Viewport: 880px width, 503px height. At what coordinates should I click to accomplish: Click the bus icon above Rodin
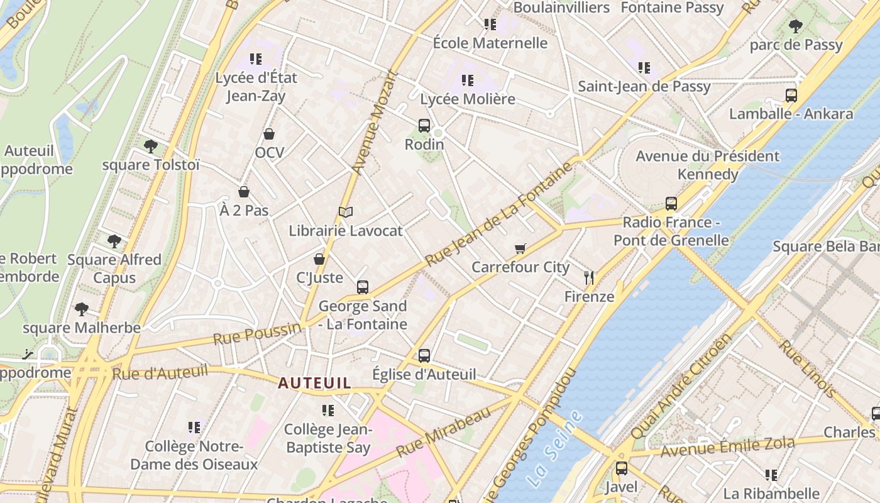424,126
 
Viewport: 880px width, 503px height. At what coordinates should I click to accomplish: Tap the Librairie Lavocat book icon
346,213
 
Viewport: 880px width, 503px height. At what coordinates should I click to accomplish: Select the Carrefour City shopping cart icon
520,249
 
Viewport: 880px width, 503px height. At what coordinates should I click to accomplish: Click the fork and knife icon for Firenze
589,277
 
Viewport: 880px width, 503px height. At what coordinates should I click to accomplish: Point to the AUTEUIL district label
315,383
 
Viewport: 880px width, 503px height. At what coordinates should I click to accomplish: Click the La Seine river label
554,448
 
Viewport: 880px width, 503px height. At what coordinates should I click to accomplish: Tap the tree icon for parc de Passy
795,26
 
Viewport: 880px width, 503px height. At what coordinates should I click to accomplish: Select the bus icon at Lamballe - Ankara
791,96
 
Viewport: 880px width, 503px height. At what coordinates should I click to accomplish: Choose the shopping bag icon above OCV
269,134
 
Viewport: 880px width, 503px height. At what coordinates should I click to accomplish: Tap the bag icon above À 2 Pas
244,192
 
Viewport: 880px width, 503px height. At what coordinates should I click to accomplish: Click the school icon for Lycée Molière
467,80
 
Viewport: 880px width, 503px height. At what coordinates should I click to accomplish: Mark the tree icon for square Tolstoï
150,146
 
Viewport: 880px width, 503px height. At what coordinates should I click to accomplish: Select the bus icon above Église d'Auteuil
424,356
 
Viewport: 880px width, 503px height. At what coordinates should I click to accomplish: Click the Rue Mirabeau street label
443,432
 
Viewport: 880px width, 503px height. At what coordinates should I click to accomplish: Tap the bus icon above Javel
621,468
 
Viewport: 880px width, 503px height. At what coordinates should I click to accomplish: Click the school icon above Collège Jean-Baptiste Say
327,411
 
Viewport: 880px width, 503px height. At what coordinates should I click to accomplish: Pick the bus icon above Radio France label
671,204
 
